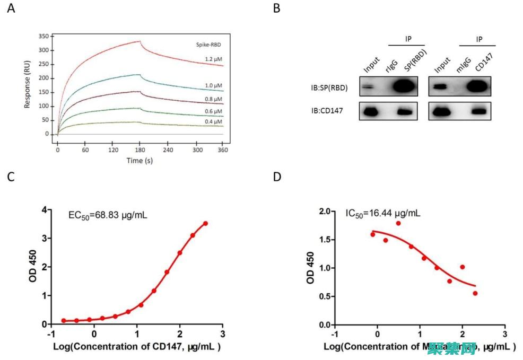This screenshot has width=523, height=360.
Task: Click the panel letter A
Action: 11,9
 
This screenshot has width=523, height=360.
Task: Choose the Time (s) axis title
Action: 140,160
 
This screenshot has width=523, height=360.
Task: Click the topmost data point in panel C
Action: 205,224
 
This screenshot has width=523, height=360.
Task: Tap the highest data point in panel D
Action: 398,223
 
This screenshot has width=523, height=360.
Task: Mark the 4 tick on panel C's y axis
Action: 46,210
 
